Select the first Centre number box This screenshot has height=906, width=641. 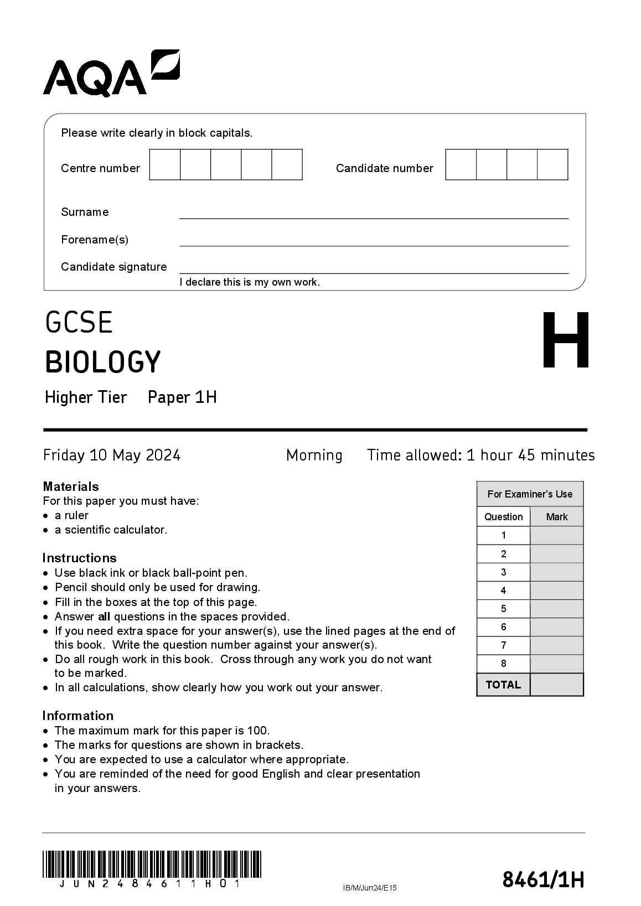tap(165, 164)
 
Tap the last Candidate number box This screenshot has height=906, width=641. tap(552, 164)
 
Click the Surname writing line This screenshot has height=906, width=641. tap(374, 213)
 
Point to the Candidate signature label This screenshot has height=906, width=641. tap(114, 267)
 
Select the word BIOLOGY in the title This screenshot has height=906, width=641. tap(103, 362)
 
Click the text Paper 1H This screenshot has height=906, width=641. tap(182, 397)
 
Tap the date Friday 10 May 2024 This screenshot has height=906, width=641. tap(112, 455)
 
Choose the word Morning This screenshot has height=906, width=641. tap(314, 455)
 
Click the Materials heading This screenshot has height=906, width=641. tap(71, 486)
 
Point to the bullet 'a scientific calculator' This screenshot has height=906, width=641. tap(111, 530)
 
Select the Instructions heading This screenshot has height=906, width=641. tap(80, 558)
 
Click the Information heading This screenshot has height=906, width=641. tap(78, 716)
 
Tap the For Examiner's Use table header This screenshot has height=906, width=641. tap(530, 494)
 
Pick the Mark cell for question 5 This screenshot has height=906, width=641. tap(556, 609)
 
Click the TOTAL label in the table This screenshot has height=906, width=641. tap(503, 685)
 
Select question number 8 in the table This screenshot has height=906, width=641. tap(504, 664)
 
